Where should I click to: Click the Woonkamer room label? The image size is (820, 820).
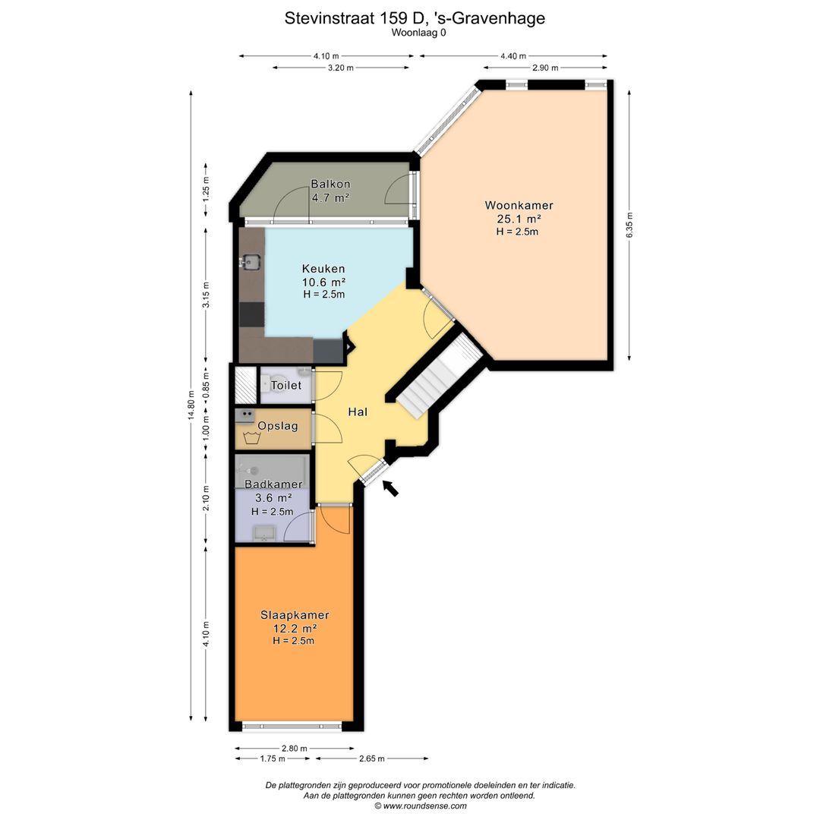tap(519, 206)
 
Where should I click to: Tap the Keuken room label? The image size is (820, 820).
tap(323, 269)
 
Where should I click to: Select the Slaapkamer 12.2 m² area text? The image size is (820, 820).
tap(295, 629)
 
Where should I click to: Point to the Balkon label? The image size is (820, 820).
tap(330, 184)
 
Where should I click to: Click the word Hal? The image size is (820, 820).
tap(358, 412)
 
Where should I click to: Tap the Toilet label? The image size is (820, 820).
tap(286, 386)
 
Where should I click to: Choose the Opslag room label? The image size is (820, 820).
tap(278, 426)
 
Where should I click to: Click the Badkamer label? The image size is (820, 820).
tap(273, 484)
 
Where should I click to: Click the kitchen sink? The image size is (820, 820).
tap(251, 261)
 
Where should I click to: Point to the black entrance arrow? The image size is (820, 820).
tap(390, 488)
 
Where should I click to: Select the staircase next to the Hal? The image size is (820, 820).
tap(439, 377)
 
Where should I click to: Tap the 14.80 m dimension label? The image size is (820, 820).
tap(191, 405)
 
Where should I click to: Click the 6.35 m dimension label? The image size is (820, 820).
tap(629, 225)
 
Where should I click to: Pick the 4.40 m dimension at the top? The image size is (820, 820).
tap(513, 56)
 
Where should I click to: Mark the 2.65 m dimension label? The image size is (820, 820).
tap(372, 758)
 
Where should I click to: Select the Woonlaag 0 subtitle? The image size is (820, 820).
tap(419, 33)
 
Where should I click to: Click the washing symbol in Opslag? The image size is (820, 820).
tap(252, 438)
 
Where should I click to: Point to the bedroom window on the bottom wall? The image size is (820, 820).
tap(292, 726)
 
